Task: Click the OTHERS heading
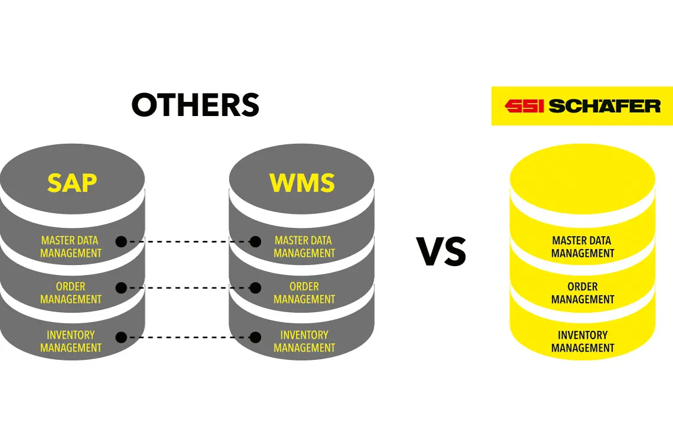(195, 105)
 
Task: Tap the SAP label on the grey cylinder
(72, 183)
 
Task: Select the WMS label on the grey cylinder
(302, 183)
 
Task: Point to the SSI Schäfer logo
(582, 106)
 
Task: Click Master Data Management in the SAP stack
(71, 247)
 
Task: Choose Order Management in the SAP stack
(71, 293)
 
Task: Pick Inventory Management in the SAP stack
(71, 341)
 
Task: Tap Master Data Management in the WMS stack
(304, 247)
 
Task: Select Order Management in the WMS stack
(304, 293)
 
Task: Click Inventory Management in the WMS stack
(304, 341)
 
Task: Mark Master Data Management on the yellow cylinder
(583, 247)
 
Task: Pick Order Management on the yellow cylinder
(583, 293)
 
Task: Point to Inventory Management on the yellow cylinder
(583, 341)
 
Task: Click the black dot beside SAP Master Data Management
(122, 241)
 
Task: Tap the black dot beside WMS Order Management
(255, 288)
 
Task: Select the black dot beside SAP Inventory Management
(122, 337)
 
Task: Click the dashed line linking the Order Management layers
(188, 288)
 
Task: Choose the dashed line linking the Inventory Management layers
(188, 337)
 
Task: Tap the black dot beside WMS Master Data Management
(255, 241)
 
